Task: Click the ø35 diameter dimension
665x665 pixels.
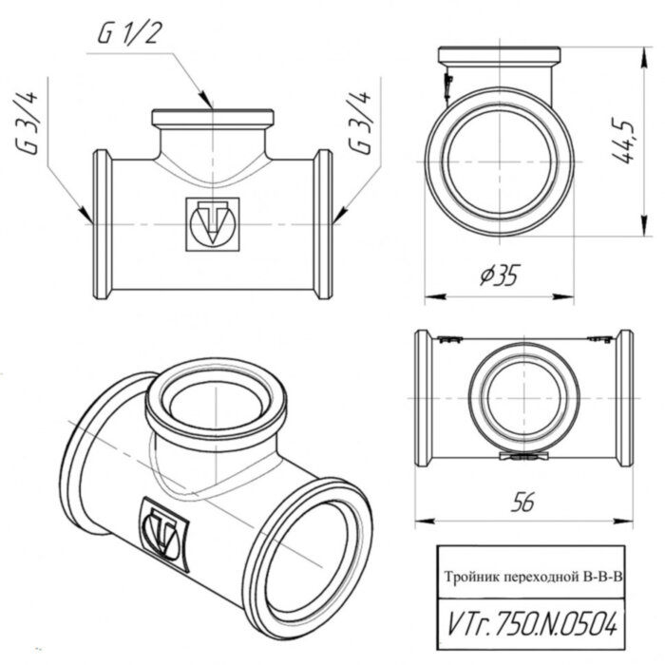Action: point(499,275)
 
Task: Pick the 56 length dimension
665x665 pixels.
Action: point(521,504)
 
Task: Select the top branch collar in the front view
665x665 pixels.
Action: point(213,119)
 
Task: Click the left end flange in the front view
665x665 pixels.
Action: point(101,224)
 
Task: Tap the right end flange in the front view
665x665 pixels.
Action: point(324,224)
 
